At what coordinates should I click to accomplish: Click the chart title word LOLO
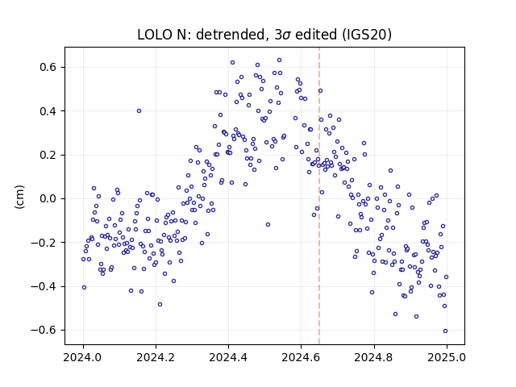pos(154,35)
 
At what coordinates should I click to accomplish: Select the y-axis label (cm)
pos(19,197)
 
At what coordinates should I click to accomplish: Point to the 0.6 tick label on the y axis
pos(48,67)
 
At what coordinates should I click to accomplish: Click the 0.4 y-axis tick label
pos(48,111)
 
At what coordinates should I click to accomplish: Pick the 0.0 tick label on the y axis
pos(48,199)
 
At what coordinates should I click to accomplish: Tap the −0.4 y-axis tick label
pos(44,286)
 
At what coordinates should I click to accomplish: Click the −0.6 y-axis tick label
pos(44,330)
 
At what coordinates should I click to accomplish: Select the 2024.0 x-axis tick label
pos(83,357)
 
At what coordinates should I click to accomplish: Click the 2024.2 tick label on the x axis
pos(156,357)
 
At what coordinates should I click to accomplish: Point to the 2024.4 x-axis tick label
pos(228,357)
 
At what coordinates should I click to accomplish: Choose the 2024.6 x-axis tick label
pos(301,357)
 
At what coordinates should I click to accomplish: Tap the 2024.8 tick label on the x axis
pos(373,357)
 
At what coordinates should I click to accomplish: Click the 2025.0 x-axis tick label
pos(447,357)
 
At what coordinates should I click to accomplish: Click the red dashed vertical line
pos(319,196)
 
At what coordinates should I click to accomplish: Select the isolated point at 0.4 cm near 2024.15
pos(139,111)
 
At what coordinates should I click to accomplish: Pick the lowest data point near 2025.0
pos(445,331)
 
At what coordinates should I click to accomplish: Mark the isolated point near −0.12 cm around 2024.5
pos(268,224)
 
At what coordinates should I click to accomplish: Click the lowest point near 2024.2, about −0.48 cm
pos(160,305)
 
